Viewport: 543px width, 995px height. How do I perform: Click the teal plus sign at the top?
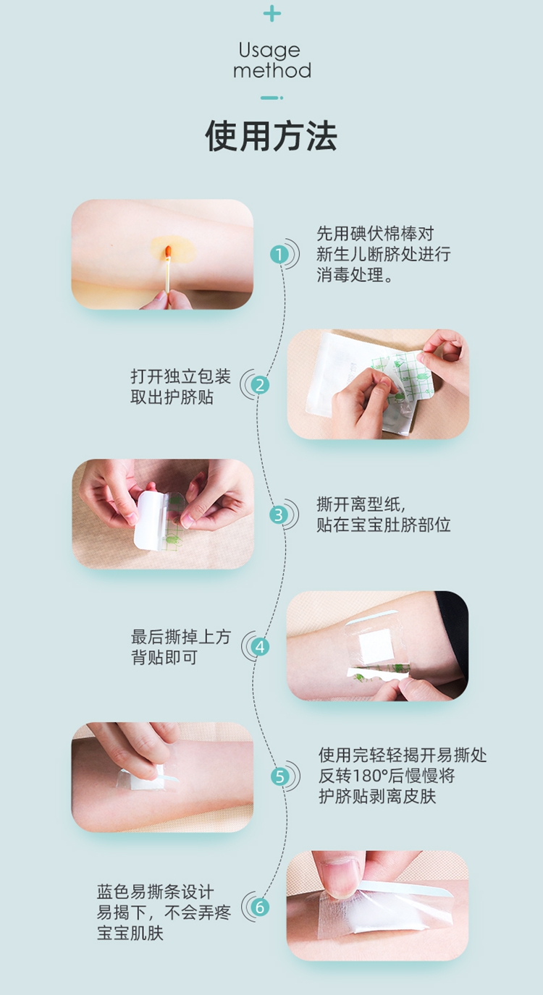pyautogui.click(x=272, y=14)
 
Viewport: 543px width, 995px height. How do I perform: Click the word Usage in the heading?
pyautogui.click(x=269, y=51)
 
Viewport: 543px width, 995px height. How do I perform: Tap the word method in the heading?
pyautogui.click(x=272, y=71)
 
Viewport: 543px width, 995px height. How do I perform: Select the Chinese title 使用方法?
pyautogui.click(x=271, y=136)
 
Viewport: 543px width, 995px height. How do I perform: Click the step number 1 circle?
pyautogui.click(x=279, y=255)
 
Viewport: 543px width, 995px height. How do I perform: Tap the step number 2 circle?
pyautogui.click(x=260, y=385)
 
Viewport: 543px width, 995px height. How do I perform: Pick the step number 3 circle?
pyautogui.click(x=279, y=515)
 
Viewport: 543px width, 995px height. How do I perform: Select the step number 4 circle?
pyautogui.click(x=260, y=647)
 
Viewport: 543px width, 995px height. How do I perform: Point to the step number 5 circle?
pyautogui.click(x=280, y=776)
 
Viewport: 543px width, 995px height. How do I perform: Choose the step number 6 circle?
pyautogui.click(x=260, y=907)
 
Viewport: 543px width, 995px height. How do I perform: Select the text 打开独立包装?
pyautogui.click(x=180, y=377)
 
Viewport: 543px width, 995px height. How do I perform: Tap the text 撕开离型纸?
pyautogui.click(x=358, y=504)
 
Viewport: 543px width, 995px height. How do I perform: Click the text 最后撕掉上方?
pyautogui.click(x=180, y=637)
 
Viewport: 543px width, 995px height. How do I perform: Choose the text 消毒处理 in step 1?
pyautogui.click(x=350, y=275)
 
